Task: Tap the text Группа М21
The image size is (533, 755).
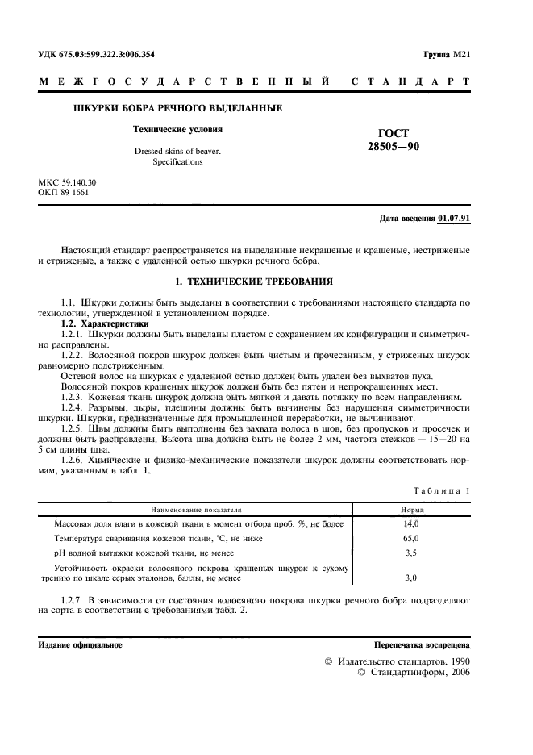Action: [446, 54]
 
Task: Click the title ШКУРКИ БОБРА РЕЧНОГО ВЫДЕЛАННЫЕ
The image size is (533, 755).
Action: [177, 108]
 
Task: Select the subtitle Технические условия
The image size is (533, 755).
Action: [177, 129]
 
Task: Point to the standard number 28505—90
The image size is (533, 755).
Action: [393, 147]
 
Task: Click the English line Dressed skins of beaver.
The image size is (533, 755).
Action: [177, 151]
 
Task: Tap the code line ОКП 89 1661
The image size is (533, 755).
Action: [64, 194]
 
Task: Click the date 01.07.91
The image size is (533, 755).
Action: [455, 219]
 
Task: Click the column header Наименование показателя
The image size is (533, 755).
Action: [194, 510]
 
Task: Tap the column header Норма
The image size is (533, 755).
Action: [413, 510]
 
